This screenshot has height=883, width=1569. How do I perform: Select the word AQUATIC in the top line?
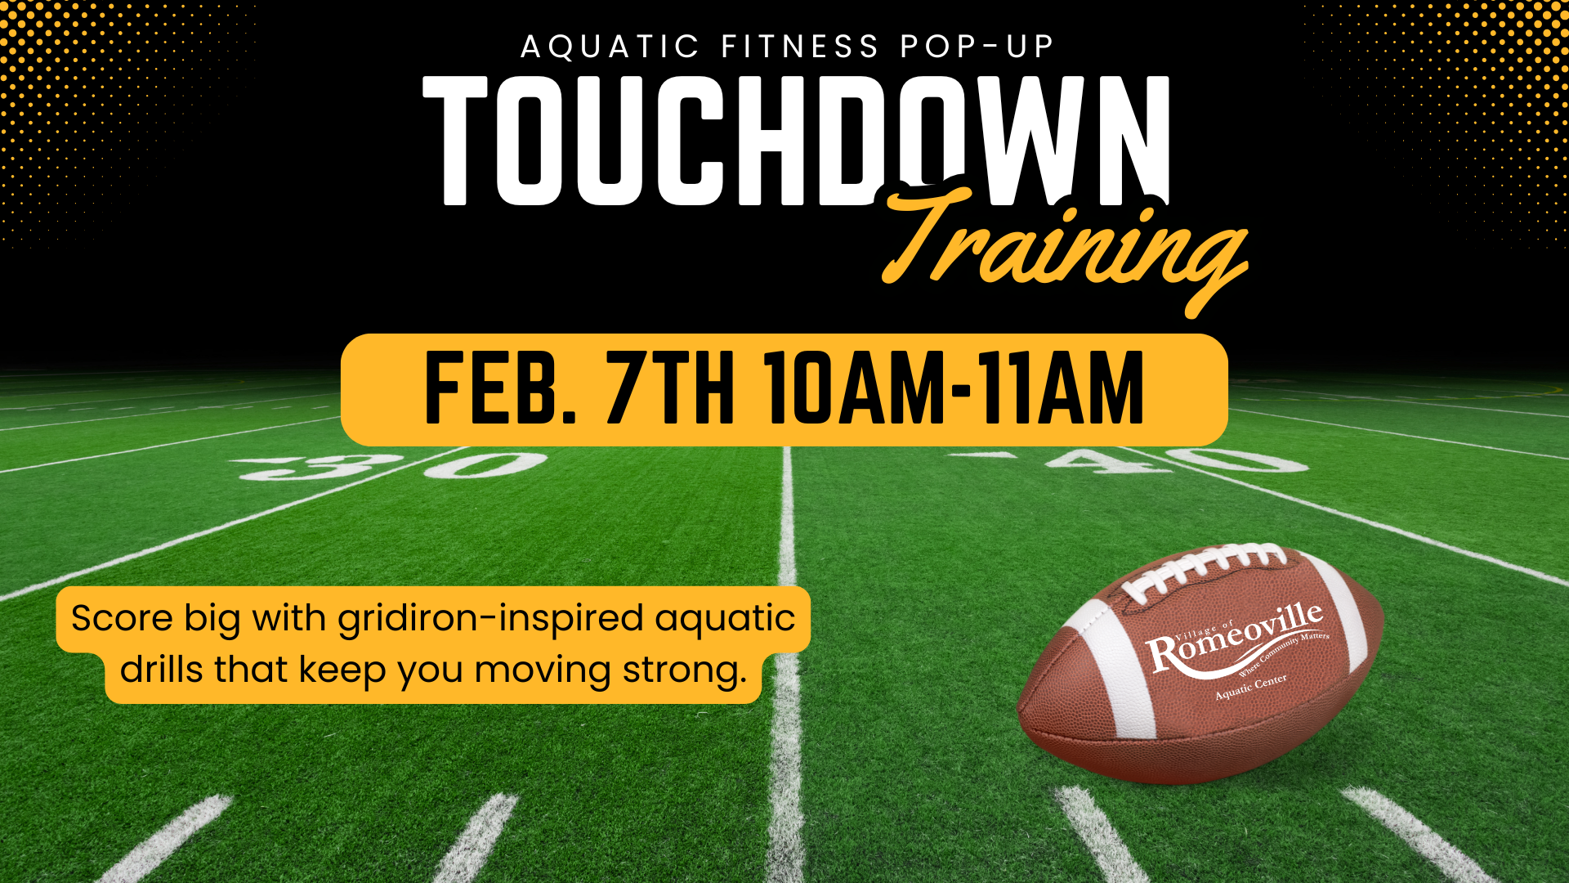click(610, 47)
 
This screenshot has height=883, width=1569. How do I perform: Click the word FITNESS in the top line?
click(800, 47)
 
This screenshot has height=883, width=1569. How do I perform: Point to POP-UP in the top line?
click(977, 47)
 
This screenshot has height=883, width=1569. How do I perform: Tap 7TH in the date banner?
click(669, 389)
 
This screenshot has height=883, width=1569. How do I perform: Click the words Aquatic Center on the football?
click(1251, 687)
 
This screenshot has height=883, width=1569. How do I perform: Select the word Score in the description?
click(122, 618)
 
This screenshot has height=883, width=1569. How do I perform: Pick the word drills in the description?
click(161, 670)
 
